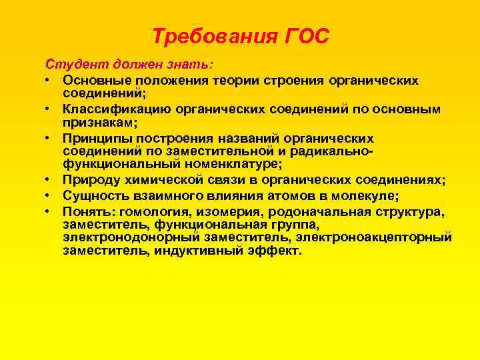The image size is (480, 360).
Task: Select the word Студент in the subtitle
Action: click(x=71, y=65)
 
